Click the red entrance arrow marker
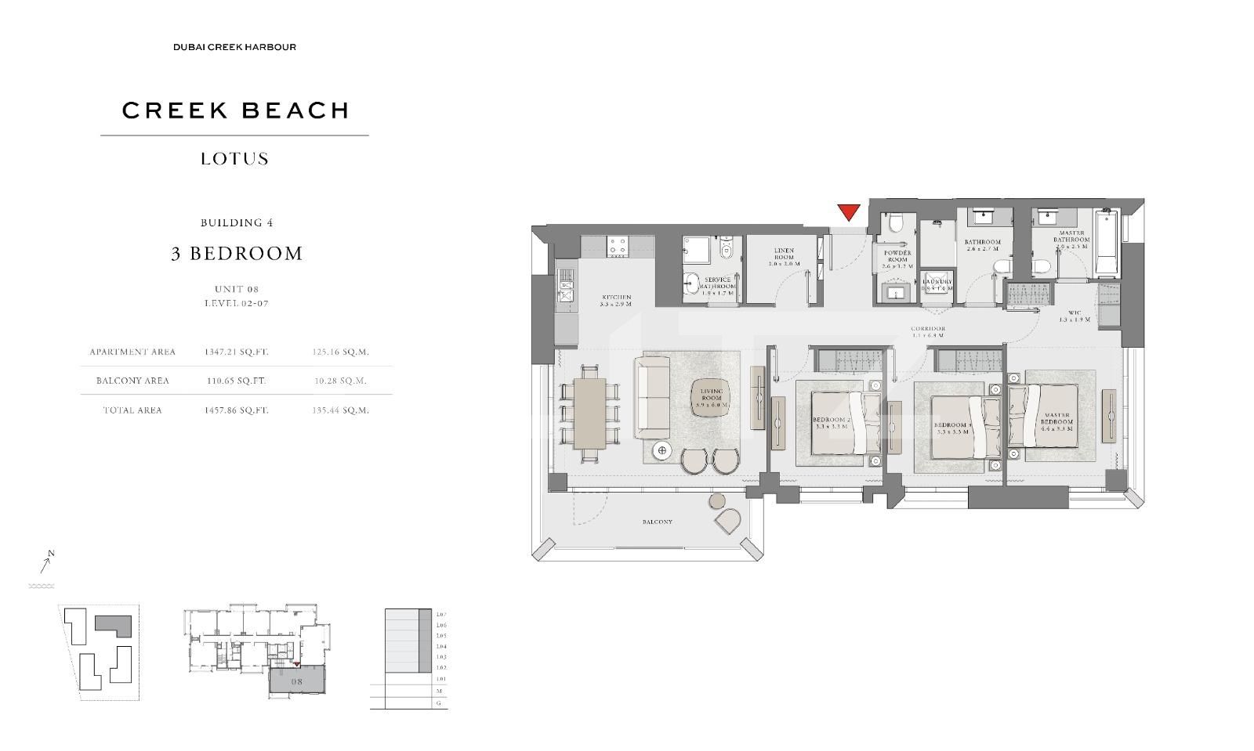[x=849, y=211]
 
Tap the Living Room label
[x=711, y=398]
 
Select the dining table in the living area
[x=589, y=413]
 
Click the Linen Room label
[x=784, y=257]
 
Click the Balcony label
[x=657, y=522]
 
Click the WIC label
[x=1075, y=316]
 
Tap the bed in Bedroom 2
[x=842, y=423]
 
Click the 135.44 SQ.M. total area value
[x=340, y=410]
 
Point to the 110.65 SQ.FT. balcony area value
[x=235, y=381]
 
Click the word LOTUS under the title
[x=234, y=159]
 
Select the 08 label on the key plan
[x=296, y=681]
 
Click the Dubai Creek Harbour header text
[x=234, y=47]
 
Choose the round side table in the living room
[x=662, y=450]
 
